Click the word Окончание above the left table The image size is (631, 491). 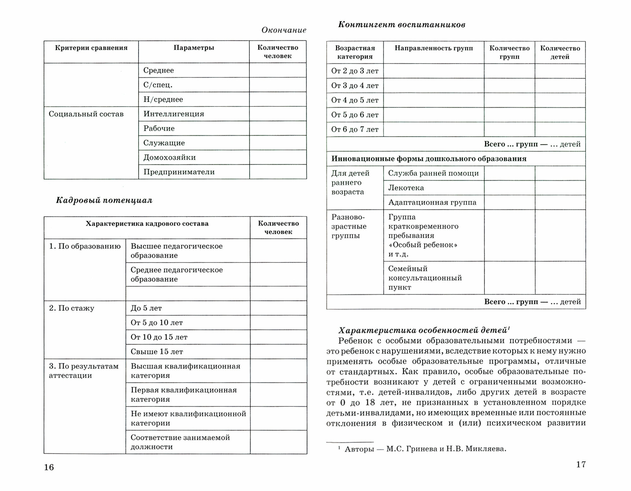click(284, 30)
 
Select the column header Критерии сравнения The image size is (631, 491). click(91, 48)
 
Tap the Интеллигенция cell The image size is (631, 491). click(174, 114)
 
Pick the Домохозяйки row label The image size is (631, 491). click(169, 157)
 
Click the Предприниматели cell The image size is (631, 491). click(179, 172)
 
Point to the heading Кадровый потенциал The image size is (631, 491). click(104, 200)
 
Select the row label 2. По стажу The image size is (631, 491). click(72, 308)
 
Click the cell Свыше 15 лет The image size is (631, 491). click(157, 352)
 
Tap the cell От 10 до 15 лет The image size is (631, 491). click(159, 337)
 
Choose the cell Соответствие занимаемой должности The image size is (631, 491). click(180, 442)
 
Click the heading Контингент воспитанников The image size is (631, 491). click(401, 25)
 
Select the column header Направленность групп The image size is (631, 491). click(433, 48)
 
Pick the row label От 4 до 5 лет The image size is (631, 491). click(355, 100)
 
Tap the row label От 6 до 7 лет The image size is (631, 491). click(355, 129)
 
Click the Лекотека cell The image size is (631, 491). click(406, 188)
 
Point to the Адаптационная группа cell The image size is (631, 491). click(432, 203)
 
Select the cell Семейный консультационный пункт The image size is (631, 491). click(425, 278)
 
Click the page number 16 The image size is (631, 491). click(49, 467)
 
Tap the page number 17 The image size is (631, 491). click(581, 464)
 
